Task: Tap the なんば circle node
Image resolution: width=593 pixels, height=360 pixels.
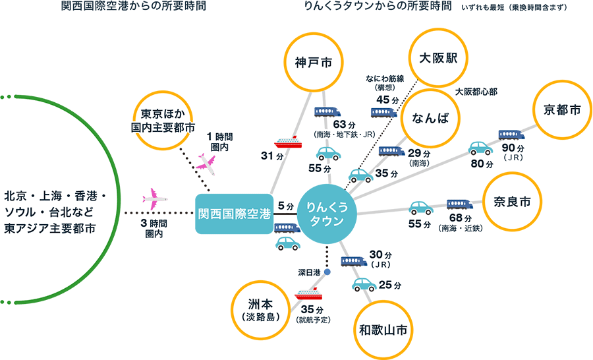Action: click(x=430, y=118)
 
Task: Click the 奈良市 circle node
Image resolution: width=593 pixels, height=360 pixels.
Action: click(x=512, y=202)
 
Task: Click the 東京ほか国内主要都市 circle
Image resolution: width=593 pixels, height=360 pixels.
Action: click(x=162, y=120)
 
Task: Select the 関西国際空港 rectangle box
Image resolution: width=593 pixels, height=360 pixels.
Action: click(x=235, y=214)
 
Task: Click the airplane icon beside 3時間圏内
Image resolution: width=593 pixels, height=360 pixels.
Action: click(x=154, y=196)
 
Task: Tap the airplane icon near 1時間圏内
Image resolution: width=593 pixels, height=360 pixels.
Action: click(x=206, y=163)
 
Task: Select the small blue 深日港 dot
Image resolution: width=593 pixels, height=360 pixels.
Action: click(x=327, y=271)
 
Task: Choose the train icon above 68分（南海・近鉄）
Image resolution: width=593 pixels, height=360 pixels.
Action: click(x=459, y=204)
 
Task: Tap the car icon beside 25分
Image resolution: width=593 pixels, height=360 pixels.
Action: click(x=365, y=285)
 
